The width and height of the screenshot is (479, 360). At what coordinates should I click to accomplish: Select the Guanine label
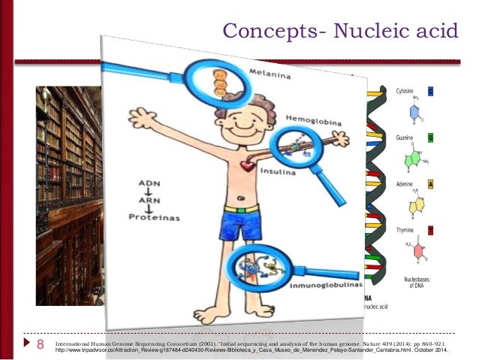(406, 138)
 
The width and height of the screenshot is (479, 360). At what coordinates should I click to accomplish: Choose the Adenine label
(406, 184)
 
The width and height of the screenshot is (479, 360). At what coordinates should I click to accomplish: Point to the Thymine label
(406, 230)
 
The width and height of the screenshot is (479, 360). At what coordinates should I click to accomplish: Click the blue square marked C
(431, 91)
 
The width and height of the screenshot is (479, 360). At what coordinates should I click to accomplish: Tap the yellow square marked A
(431, 184)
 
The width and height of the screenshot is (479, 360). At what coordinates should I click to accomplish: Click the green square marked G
(431, 138)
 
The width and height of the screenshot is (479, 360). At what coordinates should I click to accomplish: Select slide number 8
(41, 345)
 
